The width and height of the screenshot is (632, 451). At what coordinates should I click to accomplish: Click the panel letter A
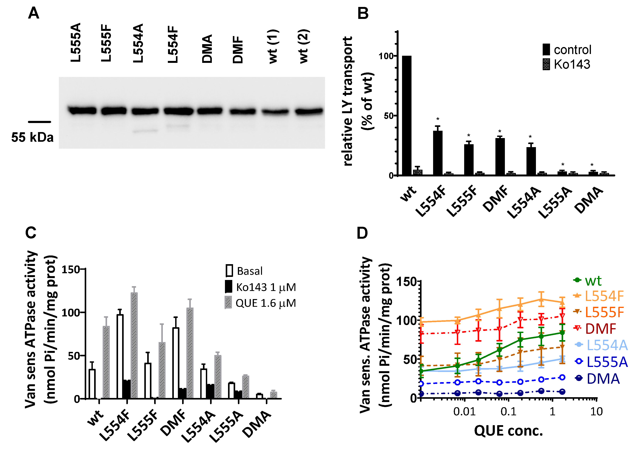coord(34,13)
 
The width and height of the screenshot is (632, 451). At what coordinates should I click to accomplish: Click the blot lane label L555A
coord(76,42)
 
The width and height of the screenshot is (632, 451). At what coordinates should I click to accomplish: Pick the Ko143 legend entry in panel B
coord(567,64)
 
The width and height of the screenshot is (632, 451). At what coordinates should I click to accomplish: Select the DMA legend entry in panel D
coord(597,379)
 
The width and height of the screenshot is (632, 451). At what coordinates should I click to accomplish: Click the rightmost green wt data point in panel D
coord(562,333)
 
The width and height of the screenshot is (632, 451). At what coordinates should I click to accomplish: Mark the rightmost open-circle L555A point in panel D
coord(562,377)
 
